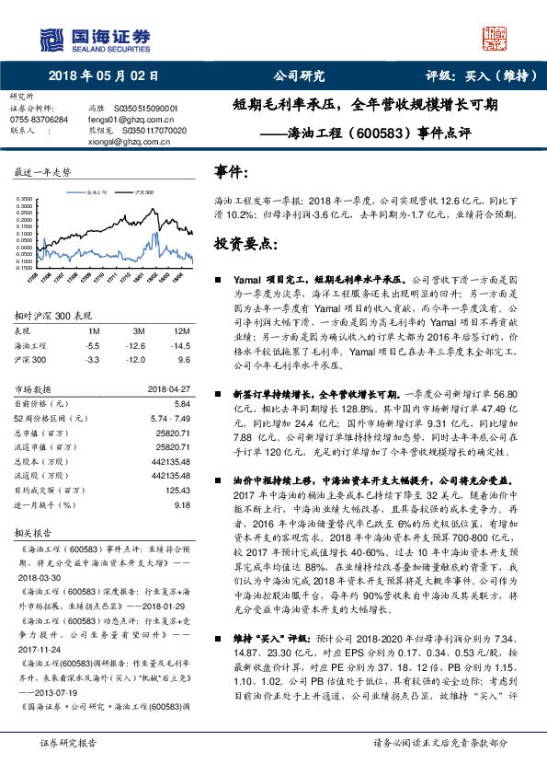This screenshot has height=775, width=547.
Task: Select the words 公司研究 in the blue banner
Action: pyautogui.click(x=300, y=76)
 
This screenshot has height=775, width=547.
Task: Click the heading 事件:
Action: pyautogui.click(x=231, y=172)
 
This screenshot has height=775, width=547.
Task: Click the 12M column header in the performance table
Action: pyautogui.click(x=181, y=330)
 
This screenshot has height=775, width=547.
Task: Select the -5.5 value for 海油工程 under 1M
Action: pyautogui.click(x=92, y=344)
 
